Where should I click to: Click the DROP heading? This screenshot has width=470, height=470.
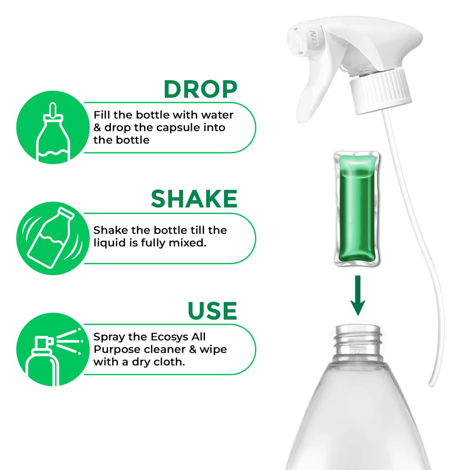200,89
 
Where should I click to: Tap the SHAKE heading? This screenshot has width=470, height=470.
194,199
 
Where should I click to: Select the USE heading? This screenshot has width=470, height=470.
212,311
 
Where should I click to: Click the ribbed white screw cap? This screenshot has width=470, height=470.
380,92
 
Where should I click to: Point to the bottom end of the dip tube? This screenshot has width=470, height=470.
431,383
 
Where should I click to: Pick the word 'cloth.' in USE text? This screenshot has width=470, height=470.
168,362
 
